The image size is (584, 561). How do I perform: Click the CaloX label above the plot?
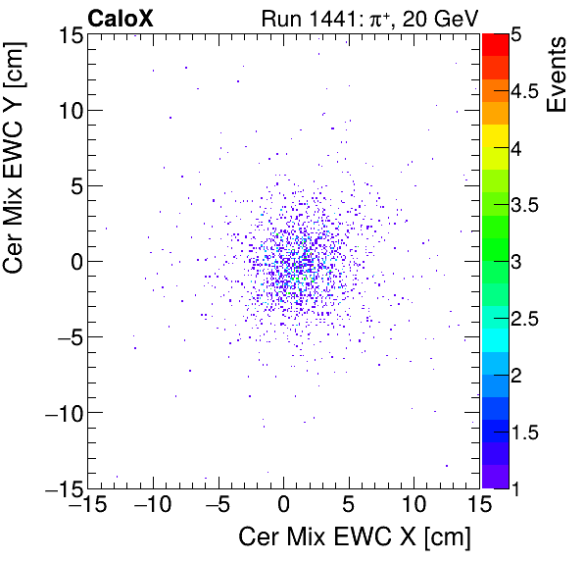(x=120, y=18)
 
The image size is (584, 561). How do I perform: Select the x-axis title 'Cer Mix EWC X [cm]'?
(x=356, y=537)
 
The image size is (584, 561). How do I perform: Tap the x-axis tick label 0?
(x=283, y=505)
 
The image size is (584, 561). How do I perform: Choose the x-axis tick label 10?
(x=414, y=505)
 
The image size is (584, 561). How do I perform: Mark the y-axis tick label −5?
(x=65, y=337)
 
